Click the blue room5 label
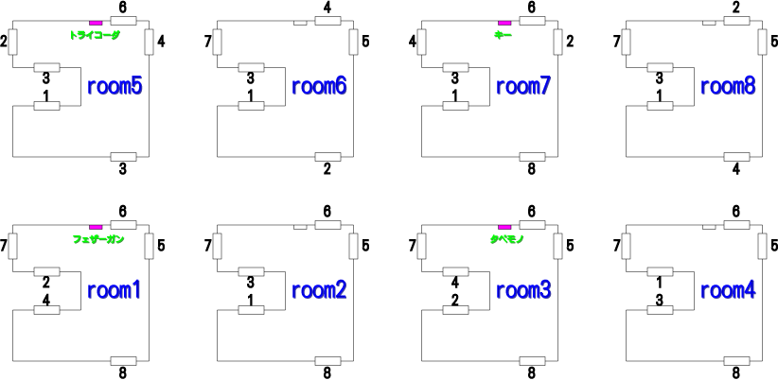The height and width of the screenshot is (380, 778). (x=115, y=86)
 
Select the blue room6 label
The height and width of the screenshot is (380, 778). (x=319, y=86)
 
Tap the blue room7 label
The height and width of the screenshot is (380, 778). (x=523, y=86)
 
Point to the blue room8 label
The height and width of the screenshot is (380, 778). (x=728, y=86)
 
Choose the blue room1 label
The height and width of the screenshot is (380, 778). (x=115, y=290)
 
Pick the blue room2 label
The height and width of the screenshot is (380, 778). (x=319, y=290)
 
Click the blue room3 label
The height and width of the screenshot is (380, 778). (x=523, y=290)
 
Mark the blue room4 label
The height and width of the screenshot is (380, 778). (x=728, y=290)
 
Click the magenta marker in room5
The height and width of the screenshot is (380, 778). (x=96, y=23)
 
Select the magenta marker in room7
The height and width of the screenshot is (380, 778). (x=504, y=23)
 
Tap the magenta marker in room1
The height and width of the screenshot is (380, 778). (x=96, y=227)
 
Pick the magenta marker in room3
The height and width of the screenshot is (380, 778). (x=504, y=227)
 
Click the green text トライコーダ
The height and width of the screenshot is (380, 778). (x=95, y=35)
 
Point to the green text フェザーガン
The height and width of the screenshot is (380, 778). (x=98, y=239)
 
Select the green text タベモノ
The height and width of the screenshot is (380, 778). (x=507, y=239)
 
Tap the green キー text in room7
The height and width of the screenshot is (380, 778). (x=503, y=35)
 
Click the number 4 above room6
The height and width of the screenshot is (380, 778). (x=327, y=8)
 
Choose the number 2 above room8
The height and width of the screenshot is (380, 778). (x=735, y=8)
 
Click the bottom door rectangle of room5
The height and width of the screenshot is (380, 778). (x=123, y=157)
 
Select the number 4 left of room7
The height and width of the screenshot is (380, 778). (x=413, y=42)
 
